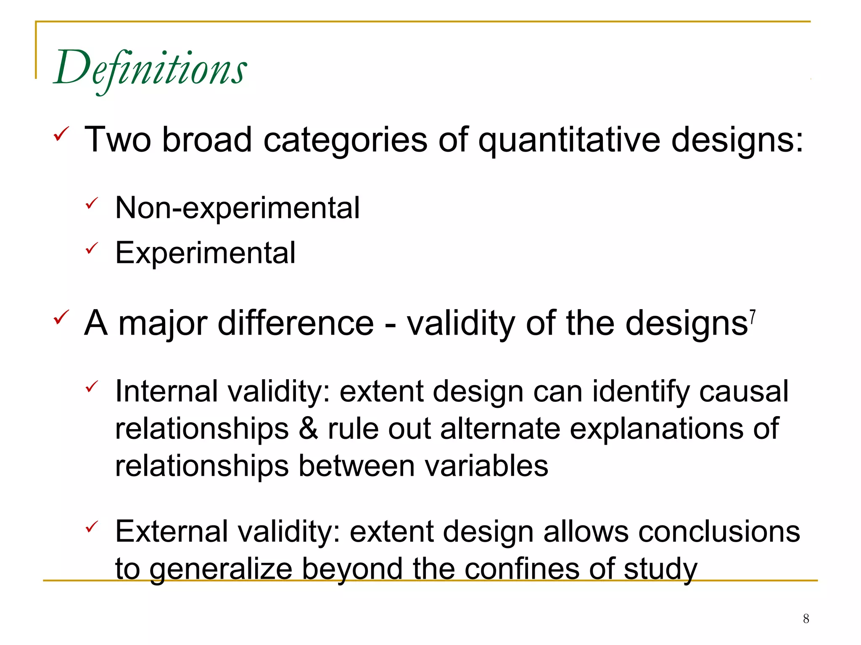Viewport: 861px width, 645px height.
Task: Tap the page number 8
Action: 806,619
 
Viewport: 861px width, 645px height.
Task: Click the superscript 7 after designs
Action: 753,316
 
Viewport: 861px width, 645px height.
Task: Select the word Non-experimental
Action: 238,208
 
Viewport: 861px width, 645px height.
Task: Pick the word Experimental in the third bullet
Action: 205,253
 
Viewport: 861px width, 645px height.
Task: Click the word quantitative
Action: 570,140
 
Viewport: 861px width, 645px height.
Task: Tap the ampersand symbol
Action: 308,429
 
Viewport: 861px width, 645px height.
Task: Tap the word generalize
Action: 221,569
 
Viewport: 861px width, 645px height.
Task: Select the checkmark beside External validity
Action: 92,527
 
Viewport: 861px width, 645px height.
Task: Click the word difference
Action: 296,323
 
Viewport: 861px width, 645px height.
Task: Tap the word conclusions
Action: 719,532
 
